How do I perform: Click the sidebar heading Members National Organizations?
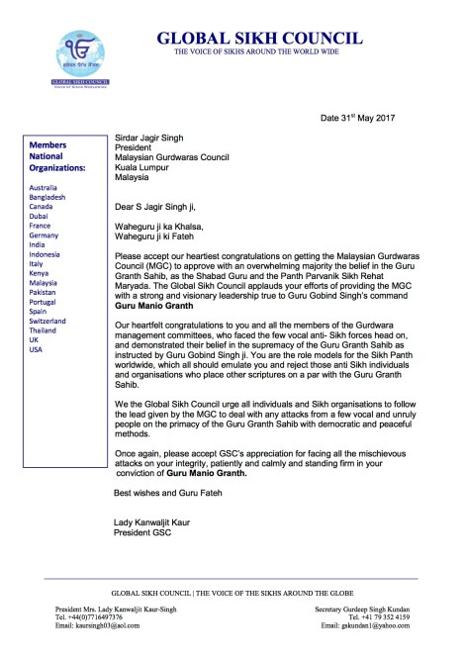point(68,158)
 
